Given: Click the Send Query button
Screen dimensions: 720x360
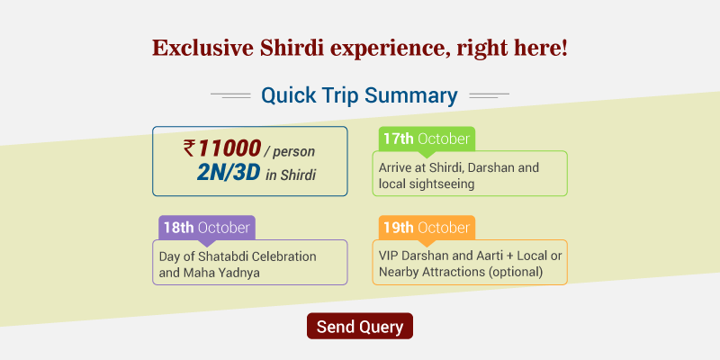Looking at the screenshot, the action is click(x=359, y=326).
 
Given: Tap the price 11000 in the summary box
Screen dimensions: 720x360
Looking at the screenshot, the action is click(x=229, y=148).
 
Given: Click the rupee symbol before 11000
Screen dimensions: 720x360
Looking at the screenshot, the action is click(x=189, y=148).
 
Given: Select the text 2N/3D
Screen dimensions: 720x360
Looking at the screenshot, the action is click(x=229, y=173).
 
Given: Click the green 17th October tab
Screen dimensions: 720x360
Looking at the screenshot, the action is click(x=427, y=139).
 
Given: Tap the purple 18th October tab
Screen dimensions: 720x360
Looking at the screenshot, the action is click(x=207, y=228).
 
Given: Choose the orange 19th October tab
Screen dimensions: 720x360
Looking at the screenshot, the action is click(x=427, y=228).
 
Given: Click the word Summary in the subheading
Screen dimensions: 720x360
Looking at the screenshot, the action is click(x=411, y=95).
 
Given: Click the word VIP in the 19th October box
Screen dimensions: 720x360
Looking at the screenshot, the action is click(x=388, y=256).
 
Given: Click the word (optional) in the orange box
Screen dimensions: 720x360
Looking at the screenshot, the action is click(x=515, y=273).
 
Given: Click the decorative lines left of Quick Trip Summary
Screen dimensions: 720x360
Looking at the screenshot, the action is click(x=230, y=95).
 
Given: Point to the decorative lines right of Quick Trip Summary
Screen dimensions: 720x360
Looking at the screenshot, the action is click(x=489, y=95).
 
